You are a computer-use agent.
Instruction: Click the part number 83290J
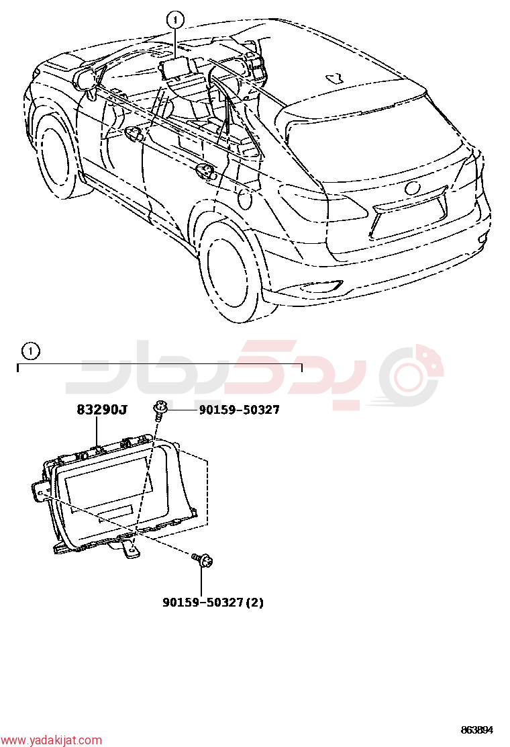102,409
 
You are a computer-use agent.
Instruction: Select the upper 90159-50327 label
239,409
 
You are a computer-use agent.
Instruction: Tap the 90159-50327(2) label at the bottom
213,602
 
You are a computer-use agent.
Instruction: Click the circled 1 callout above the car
175,19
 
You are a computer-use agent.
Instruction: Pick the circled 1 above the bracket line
31,351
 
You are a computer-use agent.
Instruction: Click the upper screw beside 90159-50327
160,410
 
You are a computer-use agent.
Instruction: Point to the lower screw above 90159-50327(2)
202,560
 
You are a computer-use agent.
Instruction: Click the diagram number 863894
476,730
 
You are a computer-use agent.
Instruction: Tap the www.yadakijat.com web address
52,740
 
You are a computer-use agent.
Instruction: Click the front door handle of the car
135,134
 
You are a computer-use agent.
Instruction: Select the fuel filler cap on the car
245,200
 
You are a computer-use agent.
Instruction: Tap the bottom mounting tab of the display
130,549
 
